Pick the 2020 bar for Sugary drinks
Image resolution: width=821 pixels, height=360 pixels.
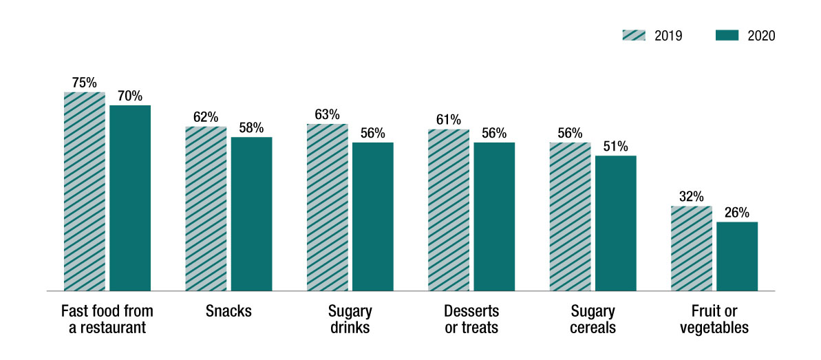coord(372,217)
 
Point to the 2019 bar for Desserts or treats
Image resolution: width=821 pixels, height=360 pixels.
coord(449,210)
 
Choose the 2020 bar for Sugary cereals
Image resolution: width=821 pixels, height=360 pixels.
coord(615,224)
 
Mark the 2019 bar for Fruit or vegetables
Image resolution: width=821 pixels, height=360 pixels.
coord(691,248)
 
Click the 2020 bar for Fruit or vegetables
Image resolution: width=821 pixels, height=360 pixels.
coord(737,257)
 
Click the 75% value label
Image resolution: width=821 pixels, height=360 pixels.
coord(85,83)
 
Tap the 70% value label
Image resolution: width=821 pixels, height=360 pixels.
coord(130,96)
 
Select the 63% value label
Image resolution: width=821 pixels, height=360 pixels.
coord(327,114)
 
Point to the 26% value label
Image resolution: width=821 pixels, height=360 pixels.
coord(737,212)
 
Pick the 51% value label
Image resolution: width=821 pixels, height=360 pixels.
coord(615,146)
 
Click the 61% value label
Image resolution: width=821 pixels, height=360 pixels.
coord(449,120)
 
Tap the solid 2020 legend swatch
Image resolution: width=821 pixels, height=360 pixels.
coord(728,36)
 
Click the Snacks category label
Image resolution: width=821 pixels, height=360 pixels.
coord(228,311)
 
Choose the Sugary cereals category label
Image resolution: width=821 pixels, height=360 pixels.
coord(593,319)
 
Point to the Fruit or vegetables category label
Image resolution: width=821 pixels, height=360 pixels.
coord(714,319)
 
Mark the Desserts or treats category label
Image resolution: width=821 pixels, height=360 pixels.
coord(471,319)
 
